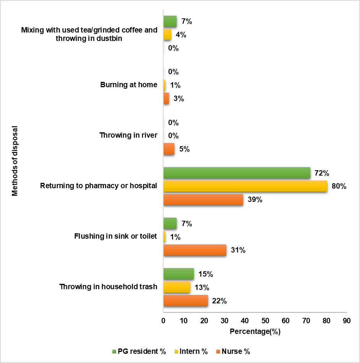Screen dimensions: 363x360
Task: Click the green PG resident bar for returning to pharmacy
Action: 237,173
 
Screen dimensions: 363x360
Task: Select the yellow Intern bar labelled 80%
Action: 245,186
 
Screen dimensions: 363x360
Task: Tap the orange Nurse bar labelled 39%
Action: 203,199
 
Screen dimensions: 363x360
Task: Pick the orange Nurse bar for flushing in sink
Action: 195,250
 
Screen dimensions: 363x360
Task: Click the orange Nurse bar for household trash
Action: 186,301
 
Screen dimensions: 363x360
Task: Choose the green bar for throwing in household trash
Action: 178,274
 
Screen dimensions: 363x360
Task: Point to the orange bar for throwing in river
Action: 169,149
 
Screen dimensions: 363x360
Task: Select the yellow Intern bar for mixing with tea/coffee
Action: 167,35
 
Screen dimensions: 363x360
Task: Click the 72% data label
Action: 319,173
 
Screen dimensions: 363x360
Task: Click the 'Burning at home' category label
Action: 129,85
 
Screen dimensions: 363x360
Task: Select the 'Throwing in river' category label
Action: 128,135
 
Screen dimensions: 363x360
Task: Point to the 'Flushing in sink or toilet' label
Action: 115,236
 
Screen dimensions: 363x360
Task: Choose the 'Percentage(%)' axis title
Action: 255,332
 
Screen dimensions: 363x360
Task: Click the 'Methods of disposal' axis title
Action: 15,160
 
